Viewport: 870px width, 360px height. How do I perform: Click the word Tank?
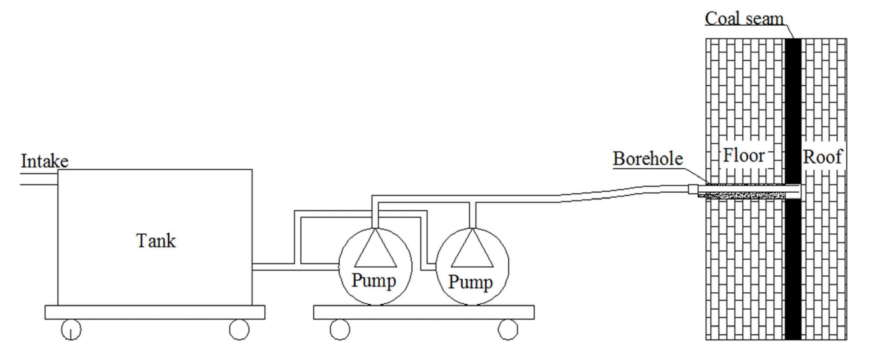[156, 241]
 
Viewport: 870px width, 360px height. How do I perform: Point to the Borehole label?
[648, 159]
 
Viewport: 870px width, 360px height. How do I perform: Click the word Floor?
[744, 156]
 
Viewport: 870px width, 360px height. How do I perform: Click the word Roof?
[822, 157]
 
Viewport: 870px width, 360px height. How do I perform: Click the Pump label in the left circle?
[373, 281]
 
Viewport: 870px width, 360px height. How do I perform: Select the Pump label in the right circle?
[470, 282]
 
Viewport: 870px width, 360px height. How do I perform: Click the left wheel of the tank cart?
[71, 329]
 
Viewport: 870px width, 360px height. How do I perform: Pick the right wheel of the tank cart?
[239, 329]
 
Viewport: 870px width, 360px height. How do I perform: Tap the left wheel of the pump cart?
[340, 329]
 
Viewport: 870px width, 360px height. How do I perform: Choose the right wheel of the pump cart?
[508, 329]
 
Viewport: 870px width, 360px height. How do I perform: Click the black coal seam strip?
[793, 101]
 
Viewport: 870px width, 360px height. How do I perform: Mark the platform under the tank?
[155, 312]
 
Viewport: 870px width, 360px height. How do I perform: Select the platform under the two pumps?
[424, 312]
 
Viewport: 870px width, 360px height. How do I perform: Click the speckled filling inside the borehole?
[743, 195]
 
